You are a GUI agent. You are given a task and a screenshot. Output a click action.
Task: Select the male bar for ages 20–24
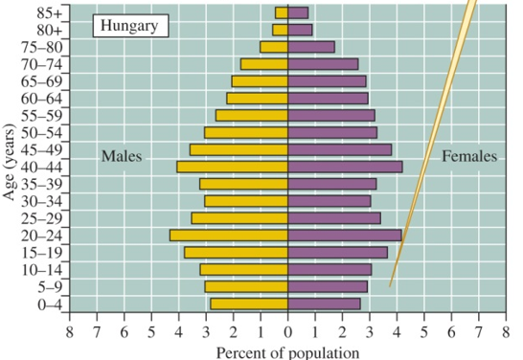tap(229, 235)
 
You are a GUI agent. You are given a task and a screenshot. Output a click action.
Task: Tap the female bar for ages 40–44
tap(345, 167)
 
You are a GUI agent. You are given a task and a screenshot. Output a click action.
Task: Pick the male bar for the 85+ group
tap(282, 12)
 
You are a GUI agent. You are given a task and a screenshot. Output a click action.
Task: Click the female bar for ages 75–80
tap(311, 47)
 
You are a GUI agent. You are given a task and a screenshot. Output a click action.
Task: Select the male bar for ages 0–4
tap(249, 304)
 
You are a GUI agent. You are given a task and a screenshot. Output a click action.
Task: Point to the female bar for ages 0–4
tap(325, 304)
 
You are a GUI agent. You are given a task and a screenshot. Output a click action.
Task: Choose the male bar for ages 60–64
tap(258, 98)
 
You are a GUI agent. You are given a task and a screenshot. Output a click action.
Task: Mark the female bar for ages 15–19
tap(338, 252)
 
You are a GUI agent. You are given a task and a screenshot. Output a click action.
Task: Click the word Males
tap(122, 156)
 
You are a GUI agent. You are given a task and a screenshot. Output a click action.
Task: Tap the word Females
tap(469, 156)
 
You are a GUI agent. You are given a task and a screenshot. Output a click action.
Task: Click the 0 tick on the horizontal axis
tap(288, 332)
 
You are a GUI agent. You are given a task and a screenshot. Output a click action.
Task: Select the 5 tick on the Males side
tap(151, 332)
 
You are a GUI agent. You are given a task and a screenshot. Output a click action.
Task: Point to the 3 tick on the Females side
tap(370, 332)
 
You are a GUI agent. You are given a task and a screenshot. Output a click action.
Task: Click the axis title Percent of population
tap(287, 351)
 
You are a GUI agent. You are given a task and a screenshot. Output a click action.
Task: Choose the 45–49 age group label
tap(41, 149)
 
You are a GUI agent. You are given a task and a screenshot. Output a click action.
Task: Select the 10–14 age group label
tap(41, 269)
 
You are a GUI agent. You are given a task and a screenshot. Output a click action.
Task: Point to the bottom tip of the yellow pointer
tap(390, 286)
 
